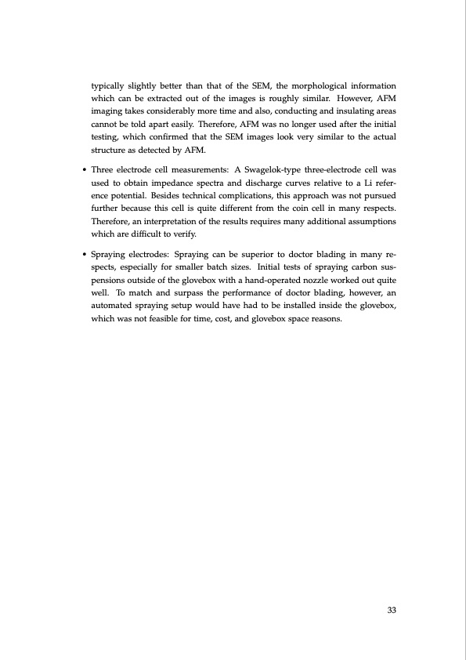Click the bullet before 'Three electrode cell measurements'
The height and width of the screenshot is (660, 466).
(x=84, y=169)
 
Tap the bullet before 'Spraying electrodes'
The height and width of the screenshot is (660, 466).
(x=84, y=256)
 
